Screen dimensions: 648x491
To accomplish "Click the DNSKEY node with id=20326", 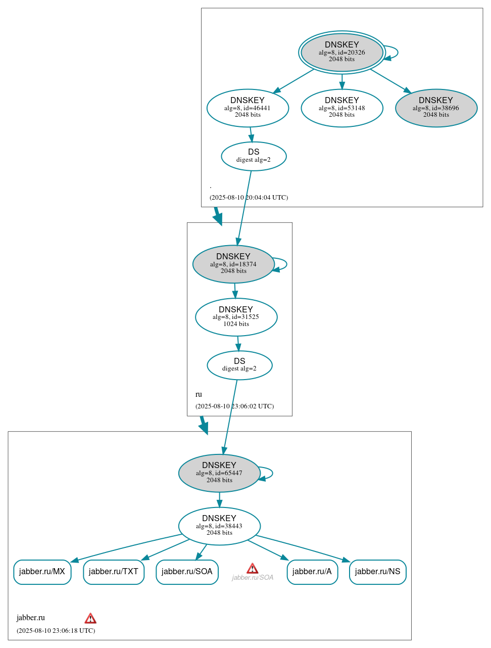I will [x=341, y=52].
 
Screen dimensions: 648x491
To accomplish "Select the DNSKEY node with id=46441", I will [x=248, y=108].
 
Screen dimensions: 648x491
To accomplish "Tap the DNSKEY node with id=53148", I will [x=341, y=108].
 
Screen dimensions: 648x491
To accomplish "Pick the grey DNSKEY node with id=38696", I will [x=436, y=108].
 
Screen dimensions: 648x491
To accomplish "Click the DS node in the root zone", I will [x=254, y=156].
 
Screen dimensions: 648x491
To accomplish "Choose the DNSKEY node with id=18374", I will [x=233, y=264].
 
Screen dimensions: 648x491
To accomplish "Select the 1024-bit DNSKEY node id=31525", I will [x=236, y=317].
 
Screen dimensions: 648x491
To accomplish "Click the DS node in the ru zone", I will [x=239, y=365].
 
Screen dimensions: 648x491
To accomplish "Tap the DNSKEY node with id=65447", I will [x=219, y=473].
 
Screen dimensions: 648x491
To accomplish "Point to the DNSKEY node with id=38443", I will [x=219, y=526].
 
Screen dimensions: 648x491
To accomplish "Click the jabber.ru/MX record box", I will [x=42, y=572].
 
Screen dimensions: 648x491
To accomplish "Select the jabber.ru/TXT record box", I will [x=114, y=572].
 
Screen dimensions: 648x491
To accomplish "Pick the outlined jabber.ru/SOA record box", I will [x=187, y=572].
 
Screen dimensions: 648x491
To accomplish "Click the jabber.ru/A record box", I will [x=312, y=572].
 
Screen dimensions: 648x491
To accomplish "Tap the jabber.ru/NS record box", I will [x=377, y=572].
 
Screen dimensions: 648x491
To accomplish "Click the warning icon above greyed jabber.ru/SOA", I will [x=253, y=569].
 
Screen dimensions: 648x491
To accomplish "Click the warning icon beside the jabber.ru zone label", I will [x=90, y=618].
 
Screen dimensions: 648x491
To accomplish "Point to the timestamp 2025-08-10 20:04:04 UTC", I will [x=249, y=197].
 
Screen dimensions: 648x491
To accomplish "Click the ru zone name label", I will [x=199, y=394].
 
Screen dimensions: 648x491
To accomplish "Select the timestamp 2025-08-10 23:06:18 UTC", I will [x=56, y=630].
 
